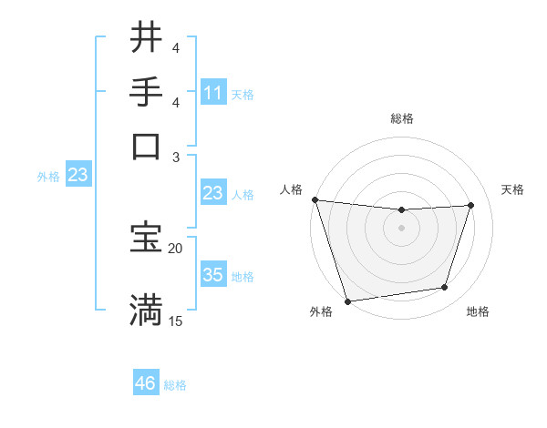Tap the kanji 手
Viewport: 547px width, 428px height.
point(146,92)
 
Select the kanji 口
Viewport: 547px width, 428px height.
point(146,147)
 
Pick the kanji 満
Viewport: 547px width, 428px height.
point(146,310)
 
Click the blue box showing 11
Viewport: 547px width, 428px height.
point(213,93)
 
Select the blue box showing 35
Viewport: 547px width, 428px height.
point(213,275)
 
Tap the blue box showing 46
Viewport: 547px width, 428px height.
point(146,383)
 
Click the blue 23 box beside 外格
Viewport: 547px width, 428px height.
point(77,176)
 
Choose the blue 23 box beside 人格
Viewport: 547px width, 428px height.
point(213,193)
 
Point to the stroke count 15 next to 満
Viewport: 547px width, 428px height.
point(176,321)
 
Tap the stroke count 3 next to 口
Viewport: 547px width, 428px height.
point(176,157)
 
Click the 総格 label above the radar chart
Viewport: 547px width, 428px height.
point(401,118)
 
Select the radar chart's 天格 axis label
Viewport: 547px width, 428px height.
point(512,189)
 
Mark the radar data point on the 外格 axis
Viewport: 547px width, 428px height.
point(347,301)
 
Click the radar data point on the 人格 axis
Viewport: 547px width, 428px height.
point(315,199)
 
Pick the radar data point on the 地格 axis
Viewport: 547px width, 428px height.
point(445,288)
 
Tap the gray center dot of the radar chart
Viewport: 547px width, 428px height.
point(401,228)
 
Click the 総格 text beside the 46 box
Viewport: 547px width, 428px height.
point(175,385)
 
